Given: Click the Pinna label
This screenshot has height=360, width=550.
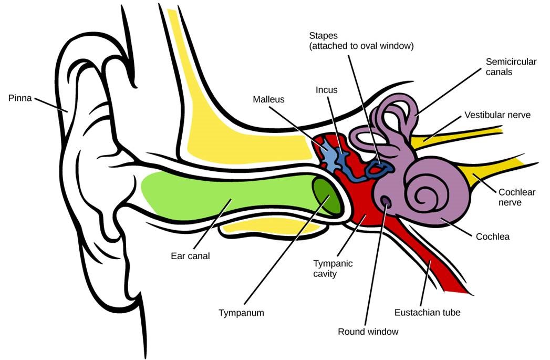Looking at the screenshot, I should pos(19,97).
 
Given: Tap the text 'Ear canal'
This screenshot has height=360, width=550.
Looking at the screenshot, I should pos(190,256).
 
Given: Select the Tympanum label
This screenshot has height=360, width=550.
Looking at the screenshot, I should pos(241,313).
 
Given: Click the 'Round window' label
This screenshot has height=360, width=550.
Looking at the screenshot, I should pos(368,332).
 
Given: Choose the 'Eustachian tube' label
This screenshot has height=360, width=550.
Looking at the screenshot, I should pos(427,313).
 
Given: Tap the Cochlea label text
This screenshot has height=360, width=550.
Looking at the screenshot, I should pos(492,236).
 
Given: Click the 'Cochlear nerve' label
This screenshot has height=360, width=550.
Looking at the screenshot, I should pos(517,197).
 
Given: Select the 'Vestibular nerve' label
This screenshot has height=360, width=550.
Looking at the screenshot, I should pos(497,115).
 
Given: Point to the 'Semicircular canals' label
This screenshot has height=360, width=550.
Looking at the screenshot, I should pos(511,67).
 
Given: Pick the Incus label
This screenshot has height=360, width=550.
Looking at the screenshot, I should pos(326,90).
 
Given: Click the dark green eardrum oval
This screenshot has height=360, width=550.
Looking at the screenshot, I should pos(326,196).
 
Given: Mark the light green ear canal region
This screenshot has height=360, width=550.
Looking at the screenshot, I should pos(226,194).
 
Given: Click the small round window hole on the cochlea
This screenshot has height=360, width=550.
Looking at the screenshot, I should pos(386,201).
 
